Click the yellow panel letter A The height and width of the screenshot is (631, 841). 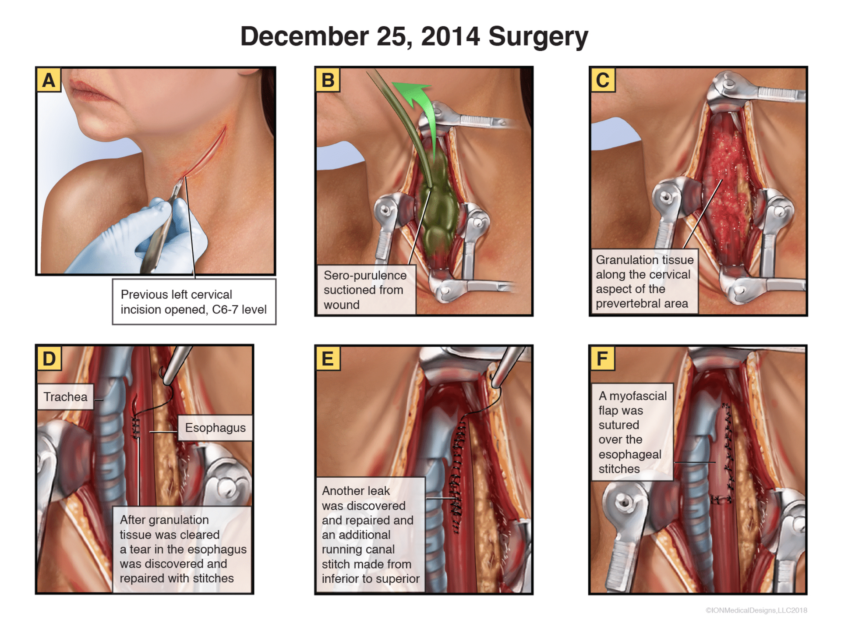pos(49,80)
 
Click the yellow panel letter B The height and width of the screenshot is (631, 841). pos(328,80)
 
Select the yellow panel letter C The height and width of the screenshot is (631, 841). pos(603,80)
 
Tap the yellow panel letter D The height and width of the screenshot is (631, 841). pos(49,358)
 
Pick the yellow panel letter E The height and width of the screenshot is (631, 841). pos(328,358)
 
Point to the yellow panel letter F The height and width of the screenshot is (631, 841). pos(602,358)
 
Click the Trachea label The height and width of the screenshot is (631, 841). pos(66,397)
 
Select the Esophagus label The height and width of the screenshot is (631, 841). pos(215,428)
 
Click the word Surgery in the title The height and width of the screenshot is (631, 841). pos(538,36)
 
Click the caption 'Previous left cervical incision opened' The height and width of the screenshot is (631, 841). pos(194,302)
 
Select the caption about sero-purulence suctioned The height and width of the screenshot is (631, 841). pos(365,290)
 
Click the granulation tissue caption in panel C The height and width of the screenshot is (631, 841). pos(644,282)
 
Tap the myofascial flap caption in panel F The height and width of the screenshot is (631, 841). pos(632,432)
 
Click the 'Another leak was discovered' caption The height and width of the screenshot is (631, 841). pos(371,535)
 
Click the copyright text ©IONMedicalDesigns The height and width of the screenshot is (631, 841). pos(756,610)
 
